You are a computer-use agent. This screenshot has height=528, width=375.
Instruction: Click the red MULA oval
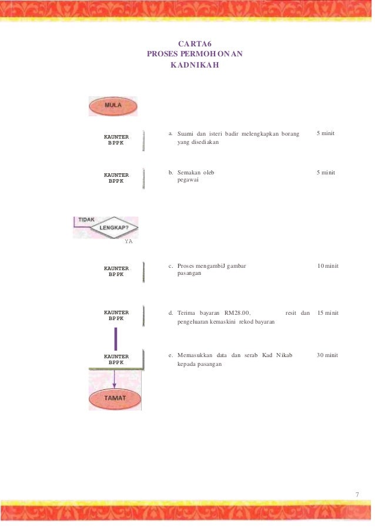[x=113, y=106]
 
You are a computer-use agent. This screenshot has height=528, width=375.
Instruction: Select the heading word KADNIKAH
[x=195, y=65]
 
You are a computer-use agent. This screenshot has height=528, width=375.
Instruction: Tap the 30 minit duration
[x=327, y=355]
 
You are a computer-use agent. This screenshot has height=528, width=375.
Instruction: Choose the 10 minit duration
[x=327, y=266]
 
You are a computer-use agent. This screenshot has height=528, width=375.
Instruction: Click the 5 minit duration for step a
[x=325, y=133]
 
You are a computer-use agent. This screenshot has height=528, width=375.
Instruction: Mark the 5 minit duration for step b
[x=325, y=173]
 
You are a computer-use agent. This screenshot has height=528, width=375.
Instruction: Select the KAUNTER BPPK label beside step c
[x=116, y=271]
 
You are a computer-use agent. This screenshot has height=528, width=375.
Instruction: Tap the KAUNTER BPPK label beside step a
[x=116, y=140]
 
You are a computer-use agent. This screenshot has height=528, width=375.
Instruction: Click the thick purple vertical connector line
[x=116, y=339]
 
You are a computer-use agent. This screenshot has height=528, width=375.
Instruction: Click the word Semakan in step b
[x=189, y=173]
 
